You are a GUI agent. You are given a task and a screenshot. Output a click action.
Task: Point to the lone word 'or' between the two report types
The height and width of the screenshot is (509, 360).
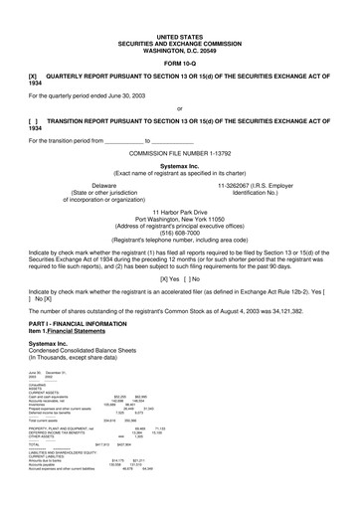pyautogui.click(x=179, y=108)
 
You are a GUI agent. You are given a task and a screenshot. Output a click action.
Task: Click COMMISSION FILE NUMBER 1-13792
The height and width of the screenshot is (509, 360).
pyautogui.click(x=179, y=156)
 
